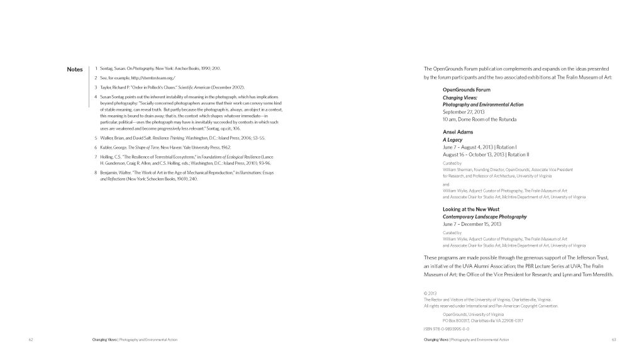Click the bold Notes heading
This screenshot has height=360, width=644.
pyautogui.click(x=74, y=69)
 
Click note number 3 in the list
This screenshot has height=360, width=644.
pyautogui.click(x=94, y=86)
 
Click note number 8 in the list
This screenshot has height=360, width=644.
pyautogui.click(x=94, y=172)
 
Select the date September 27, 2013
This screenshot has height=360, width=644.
pyautogui.click(x=465, y=111)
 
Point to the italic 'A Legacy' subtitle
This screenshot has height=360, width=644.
pyautogui.click(x=453, y=140)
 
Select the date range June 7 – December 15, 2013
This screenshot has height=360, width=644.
pyautogui.click(x=472, y=223)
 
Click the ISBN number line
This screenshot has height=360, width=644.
pyautogui.click(x=447, y=329)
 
